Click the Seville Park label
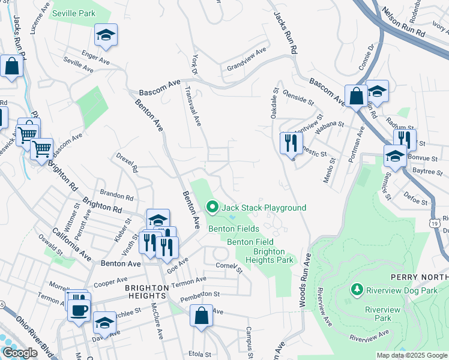pyautogui.click(x=74, y=13)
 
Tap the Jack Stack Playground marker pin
pyautogui.click(x=212, y=208)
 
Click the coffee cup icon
pyautogui.click(x=79, y=310)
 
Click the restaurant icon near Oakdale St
pyautogui.click(x=289, y=143)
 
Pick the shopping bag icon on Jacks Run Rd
pyautogui.click(x=11, y=66)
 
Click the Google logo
pyautogui.click(x=19, y=353)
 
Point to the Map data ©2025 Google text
pyautogui.click(x=412, y=355)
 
